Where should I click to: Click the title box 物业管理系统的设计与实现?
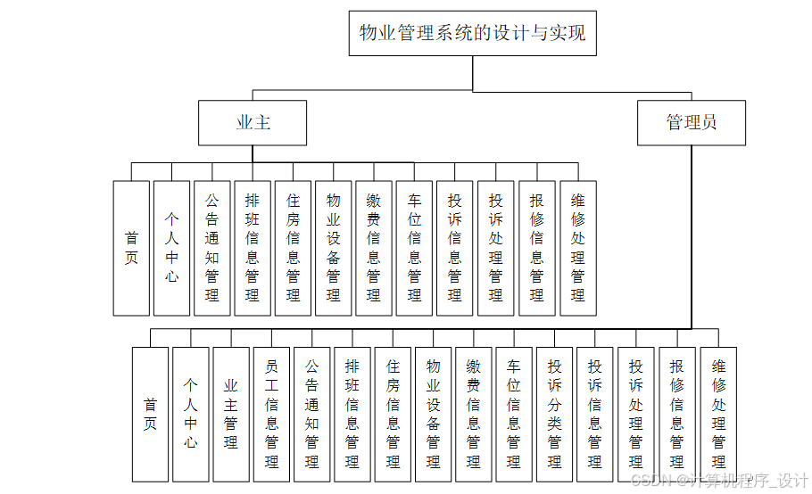coord(472,34)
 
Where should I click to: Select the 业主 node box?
coord(253,123)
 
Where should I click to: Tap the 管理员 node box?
coord(691,123)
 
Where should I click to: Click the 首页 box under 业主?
coord(131,248)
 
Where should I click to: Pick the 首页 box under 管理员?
coord(150,414)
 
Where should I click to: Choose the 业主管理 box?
coord(231,414)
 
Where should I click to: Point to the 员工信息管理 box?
coord(271,414)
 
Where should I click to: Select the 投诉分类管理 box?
coord(555,414)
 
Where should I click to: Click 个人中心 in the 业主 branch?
coord(171,248)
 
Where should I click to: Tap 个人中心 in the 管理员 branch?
coord(191,414)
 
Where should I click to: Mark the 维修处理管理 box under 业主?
coord(577,248)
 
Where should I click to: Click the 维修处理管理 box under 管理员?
coord(718,414)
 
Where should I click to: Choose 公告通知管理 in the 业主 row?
coord(212,248)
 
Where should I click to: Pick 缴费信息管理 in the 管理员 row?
coord(474,414)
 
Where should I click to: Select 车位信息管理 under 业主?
coord(415,248)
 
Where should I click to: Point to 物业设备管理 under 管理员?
coord(434,414)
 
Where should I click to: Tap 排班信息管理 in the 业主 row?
coord(253,248)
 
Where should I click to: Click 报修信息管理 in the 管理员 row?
coord(677,414)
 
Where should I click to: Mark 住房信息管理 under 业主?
coord(293,248)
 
